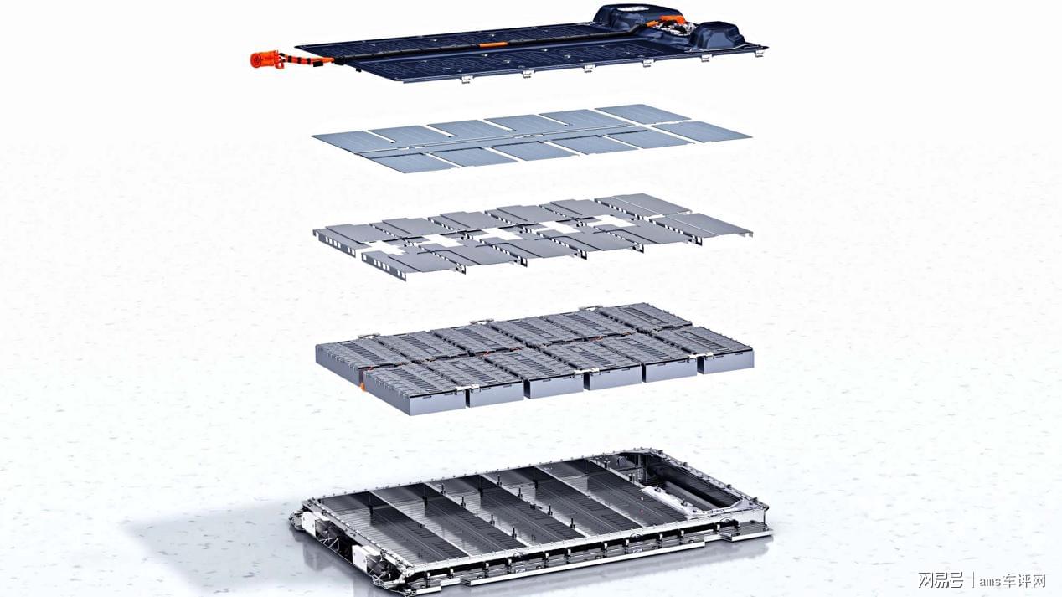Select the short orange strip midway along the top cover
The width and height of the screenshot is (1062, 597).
[493, 44]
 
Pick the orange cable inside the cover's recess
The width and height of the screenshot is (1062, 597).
[668, 21]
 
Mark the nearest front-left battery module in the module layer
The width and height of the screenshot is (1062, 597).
[414, 390]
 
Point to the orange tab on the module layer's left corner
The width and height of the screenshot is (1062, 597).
[363, 387]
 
